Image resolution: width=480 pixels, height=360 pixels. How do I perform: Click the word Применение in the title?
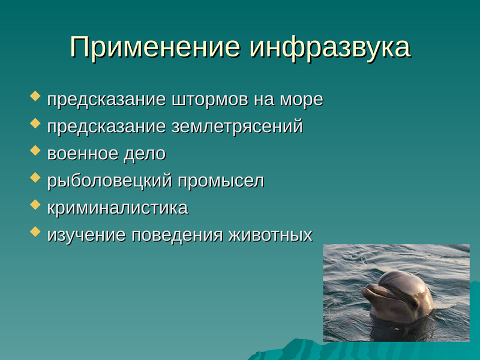tap(155, 47)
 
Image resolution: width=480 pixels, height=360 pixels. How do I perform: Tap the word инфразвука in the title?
tap(329, 48)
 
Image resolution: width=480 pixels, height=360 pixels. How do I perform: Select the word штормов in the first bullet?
tap(210, 100)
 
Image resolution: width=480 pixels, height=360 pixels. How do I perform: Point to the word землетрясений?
tap(237, 127)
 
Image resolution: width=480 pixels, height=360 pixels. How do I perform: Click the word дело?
tap(145, 154)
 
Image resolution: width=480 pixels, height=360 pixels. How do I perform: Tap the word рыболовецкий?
tap(110, 181)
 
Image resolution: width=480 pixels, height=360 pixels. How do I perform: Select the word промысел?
tap(221, 181)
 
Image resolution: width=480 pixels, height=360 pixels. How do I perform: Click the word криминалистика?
tap(118, 208)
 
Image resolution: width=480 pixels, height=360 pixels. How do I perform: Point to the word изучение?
tap(86, 235)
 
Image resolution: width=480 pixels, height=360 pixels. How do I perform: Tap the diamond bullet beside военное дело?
tap(35, 151)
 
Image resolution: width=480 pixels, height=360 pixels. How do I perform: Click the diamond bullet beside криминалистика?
tap(35, 205)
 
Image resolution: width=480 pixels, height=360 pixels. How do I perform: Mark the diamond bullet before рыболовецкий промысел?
tap(35, 177)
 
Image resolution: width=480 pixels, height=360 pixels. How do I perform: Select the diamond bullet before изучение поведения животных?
tap(35, 232)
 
